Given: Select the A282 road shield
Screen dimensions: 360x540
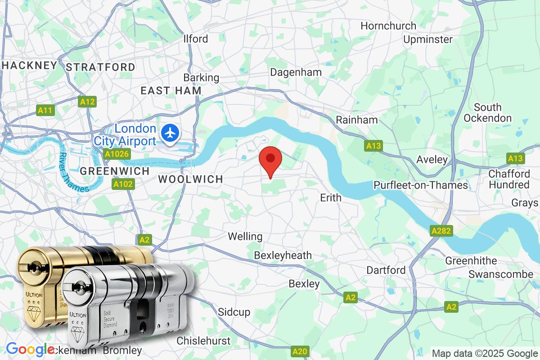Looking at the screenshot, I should pos(441,231).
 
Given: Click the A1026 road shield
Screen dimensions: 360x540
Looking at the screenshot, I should pos(117,154).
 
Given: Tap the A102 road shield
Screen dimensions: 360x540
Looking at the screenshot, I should pos(123,184).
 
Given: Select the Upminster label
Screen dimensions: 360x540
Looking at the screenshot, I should pos(427,40).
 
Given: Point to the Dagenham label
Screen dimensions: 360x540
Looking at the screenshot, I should pos(296,72).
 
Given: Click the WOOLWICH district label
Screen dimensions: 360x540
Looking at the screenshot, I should pos(190,179).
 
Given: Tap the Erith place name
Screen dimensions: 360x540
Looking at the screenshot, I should pos(330,198).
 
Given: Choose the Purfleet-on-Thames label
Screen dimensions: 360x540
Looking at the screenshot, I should pos(421,185).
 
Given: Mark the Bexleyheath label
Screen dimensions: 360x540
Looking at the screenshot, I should pos(283,256).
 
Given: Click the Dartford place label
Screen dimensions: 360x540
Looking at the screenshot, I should pos(386,270).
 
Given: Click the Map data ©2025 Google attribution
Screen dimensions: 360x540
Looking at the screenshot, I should pos(484,353).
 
